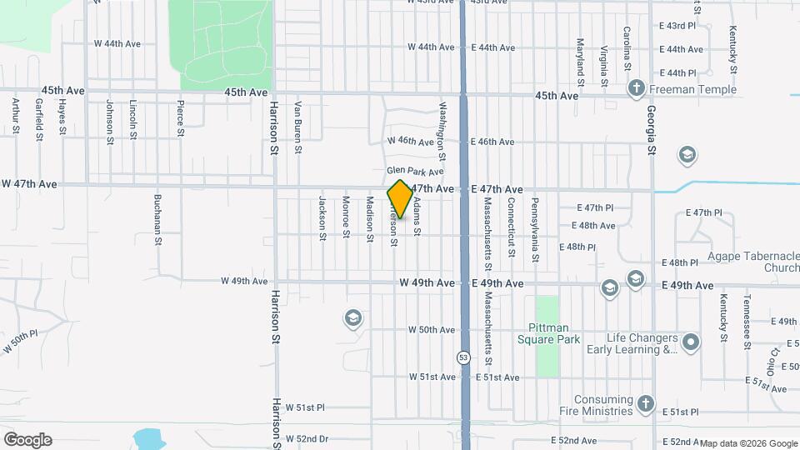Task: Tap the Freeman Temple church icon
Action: (636, 88)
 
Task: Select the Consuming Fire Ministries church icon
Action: (645, 405)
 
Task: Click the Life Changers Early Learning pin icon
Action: (691, 342)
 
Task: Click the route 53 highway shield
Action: (462, 357)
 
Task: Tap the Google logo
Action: (27, 439)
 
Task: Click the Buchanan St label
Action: (157, 220)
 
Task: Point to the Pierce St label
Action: (180, 118)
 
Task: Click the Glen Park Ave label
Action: (414, 171)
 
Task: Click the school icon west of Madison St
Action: (352, 318)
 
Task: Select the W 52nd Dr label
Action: (308, 438)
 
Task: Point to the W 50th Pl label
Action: (21, 342)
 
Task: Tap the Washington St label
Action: (442, 131)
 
